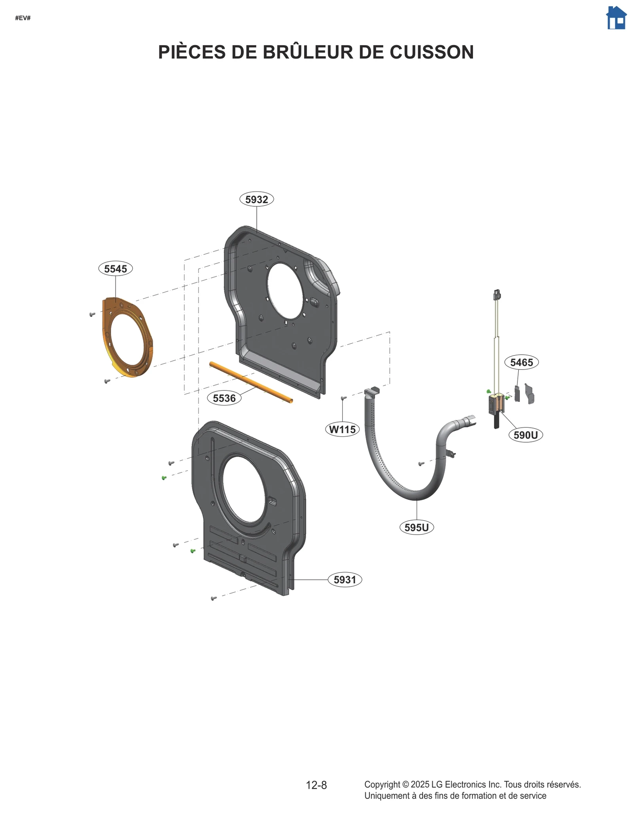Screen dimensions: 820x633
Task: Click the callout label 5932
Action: point(256,199)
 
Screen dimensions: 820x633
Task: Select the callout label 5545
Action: point(116,268)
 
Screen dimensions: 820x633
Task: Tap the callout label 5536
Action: point(224,398)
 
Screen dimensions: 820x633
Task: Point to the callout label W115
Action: point(342,429)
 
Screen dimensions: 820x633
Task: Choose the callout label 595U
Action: point(417,527)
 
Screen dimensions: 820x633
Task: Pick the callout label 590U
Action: point(525,435)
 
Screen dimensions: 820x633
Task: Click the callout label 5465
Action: point(521,362)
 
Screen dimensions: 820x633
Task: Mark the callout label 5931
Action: point(345,580)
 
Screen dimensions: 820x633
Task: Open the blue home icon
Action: point(616,18)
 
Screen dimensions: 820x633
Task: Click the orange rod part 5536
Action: point(251,382)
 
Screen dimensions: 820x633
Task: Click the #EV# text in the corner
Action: point(23,18)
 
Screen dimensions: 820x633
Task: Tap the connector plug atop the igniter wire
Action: point(497,295)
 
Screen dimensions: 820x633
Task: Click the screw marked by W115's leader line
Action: point(343,398)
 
